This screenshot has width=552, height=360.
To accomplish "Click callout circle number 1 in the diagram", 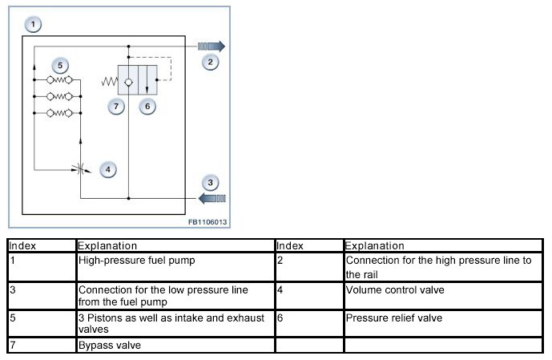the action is click(x=33, y=25).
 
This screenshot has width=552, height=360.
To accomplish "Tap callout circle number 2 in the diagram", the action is click(x=210, y=62).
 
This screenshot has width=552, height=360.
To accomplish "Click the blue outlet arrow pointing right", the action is click(x=214, y=46).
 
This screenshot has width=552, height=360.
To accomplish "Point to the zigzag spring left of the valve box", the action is click(x=109, y=82).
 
